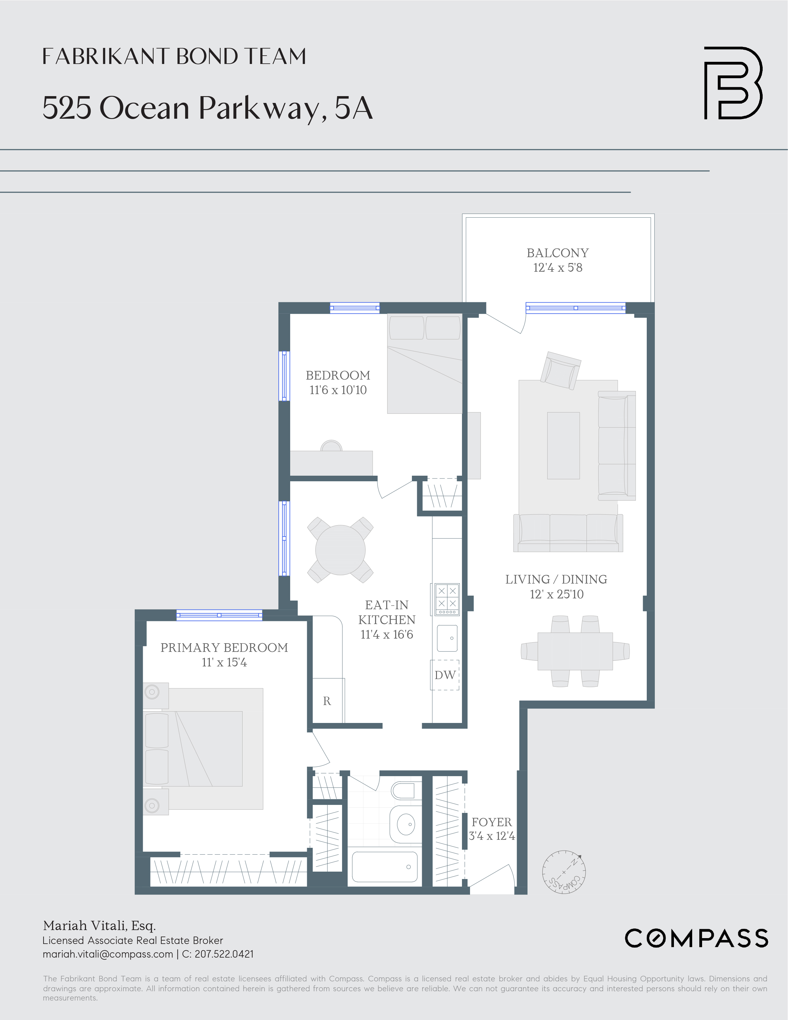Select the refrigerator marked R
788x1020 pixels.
[x=328, y=700]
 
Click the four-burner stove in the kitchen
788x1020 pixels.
[x=447, y=599]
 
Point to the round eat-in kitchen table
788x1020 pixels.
[x=340, y=550]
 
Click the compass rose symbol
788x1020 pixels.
[x=564, y=872]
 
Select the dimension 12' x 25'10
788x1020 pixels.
[x=557, y=594]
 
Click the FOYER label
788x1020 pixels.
[x=492, y=822]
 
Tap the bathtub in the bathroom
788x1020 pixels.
[x=385, y=867]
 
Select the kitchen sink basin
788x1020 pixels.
[x=447, y=638]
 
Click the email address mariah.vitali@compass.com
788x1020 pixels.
[x=108, y=954]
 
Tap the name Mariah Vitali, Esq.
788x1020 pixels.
[x=99, y=926]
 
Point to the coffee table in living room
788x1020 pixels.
[x=563, y=445]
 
